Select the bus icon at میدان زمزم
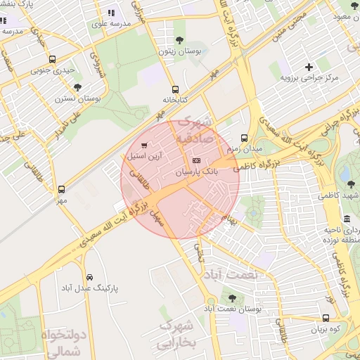click(244, 138)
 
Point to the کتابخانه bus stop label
click(175, 99)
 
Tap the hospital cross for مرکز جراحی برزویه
click(309, 67)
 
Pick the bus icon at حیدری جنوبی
click(53, 60)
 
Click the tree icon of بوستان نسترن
click(77, 87)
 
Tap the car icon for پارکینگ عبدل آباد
click(89, 277)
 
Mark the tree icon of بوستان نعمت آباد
click(231, 298)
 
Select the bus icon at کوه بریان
click(326, 319)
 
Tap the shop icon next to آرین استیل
click(144, 146)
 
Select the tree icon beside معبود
click(354, 5)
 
